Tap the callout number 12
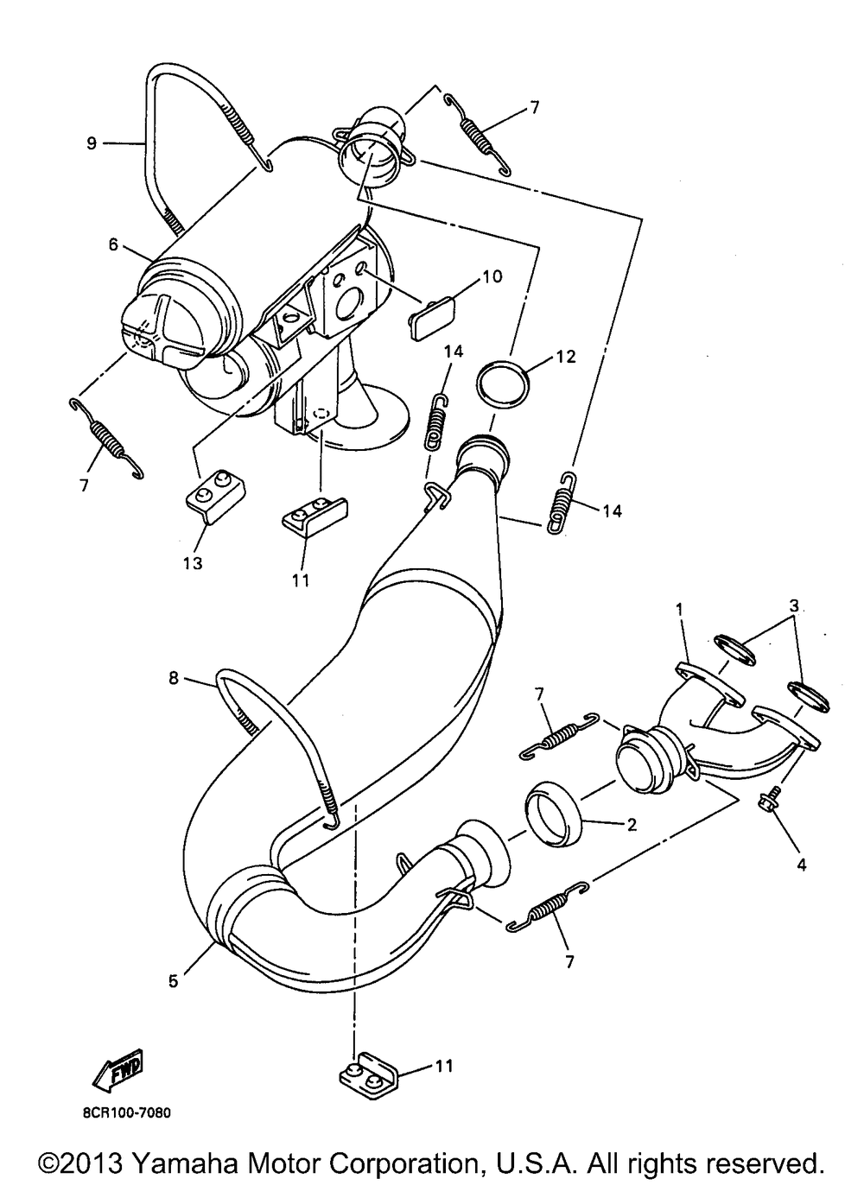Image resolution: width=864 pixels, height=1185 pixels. point(566,357)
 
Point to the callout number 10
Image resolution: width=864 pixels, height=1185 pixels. point(492,276)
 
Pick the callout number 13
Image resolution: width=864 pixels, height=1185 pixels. point(194,564)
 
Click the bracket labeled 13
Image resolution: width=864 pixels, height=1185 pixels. point(217,496)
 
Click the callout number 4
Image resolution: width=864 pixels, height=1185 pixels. point(802,865)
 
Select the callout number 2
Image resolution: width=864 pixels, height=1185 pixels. point(632,825)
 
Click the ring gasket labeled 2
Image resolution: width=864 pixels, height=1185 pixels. point(553,805)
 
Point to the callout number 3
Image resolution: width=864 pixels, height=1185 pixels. point(794,606)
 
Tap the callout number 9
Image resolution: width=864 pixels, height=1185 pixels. point(92,143)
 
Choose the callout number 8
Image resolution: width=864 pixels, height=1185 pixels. point(174,678)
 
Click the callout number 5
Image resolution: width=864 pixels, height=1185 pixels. point(173,966)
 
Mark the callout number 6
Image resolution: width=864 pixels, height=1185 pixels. point(114,244)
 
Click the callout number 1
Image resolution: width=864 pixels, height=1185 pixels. point(679,611)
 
